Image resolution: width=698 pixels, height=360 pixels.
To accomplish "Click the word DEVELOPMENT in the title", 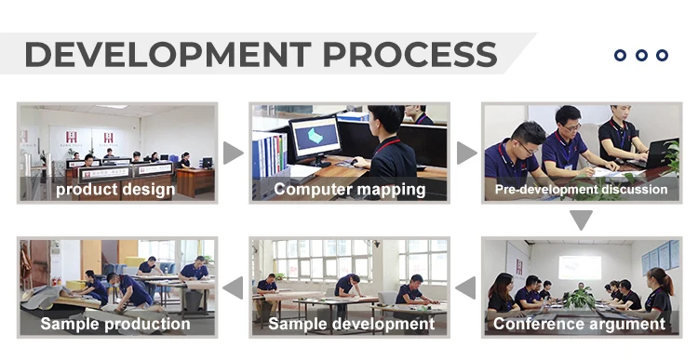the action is click(x=168, y=54).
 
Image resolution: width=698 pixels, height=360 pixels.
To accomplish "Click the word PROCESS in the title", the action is click(x=409, y=54).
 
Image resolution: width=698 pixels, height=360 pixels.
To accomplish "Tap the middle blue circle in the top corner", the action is click(x=641, y=55).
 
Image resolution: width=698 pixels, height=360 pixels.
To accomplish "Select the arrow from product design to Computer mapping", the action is click(x=233, y=153).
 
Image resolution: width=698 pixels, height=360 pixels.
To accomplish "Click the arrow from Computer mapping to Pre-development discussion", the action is click(x=465, y=153).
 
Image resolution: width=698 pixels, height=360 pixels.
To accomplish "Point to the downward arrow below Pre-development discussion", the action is click(x=581, y=220).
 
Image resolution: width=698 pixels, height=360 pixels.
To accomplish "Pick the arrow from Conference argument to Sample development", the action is click(x=465, y=287).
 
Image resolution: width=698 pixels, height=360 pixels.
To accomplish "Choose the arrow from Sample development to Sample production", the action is click(x=233, y=287).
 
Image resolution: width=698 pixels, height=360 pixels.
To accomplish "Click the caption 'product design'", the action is click(x=115, y=190).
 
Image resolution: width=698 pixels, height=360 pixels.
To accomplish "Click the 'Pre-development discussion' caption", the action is click(x=582, y=190).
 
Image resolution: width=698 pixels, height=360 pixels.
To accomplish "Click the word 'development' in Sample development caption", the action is click(x=383, y=324).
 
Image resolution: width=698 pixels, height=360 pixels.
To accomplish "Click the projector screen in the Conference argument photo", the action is click(x=580, y=267).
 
